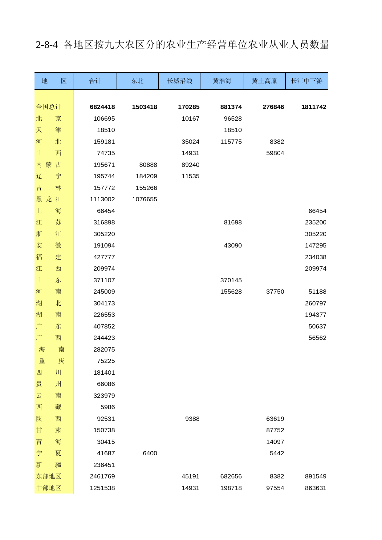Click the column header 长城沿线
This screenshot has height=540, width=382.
[180, 81]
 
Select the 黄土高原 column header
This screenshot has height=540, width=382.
[264, 81]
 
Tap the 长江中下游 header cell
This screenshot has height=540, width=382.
[307, 81]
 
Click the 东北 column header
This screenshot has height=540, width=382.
[137, 81]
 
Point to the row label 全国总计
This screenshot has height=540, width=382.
[49, 107]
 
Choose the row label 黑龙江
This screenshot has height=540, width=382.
[49, 199]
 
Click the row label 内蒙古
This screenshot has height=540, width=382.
[49, 165]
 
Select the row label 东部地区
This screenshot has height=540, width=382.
[49, 476]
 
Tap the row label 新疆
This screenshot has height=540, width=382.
[49, 465]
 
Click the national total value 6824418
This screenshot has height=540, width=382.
[102, 107]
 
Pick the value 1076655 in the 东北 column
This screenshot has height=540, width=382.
[144, 199]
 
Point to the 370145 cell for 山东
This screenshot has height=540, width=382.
[231, 280]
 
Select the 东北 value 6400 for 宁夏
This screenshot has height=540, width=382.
[150, 453]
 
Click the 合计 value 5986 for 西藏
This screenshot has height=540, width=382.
[108, 407]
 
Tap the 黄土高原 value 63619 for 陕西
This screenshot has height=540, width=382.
[275, 419]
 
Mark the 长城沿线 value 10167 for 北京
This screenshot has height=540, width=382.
[190, 119]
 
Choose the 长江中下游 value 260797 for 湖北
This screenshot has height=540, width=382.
[315, 303]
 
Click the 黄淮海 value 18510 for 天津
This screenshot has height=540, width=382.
[233, 130]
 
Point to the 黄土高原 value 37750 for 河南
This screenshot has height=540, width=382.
[275, 292]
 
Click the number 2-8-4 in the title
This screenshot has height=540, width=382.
[47, 45]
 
